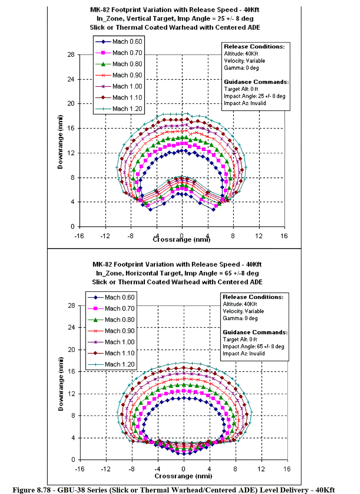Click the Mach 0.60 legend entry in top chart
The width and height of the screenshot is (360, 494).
119,41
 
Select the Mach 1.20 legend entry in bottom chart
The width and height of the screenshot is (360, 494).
111,364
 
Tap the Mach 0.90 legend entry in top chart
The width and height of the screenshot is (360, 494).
119,75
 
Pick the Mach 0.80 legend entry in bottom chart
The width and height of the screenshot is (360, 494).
111,320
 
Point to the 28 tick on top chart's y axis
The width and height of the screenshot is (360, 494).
71,54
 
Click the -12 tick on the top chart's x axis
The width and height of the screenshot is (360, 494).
105,236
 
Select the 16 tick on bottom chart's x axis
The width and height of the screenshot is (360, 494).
287,469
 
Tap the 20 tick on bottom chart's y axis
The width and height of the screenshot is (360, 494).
71,350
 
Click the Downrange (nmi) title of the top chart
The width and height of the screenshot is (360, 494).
60,142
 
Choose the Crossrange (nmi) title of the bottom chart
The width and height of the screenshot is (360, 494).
183,476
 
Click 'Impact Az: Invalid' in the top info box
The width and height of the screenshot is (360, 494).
245,103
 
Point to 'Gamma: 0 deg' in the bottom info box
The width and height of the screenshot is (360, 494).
240,318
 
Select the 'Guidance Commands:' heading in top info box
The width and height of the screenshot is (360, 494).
256,82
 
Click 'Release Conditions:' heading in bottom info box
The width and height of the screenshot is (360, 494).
253,297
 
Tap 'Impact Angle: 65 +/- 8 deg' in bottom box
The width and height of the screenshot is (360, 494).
253,346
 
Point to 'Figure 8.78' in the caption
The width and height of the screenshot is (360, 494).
32,490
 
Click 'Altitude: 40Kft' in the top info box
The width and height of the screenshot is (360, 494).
241,54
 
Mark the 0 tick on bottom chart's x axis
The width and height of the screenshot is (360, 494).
183,469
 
